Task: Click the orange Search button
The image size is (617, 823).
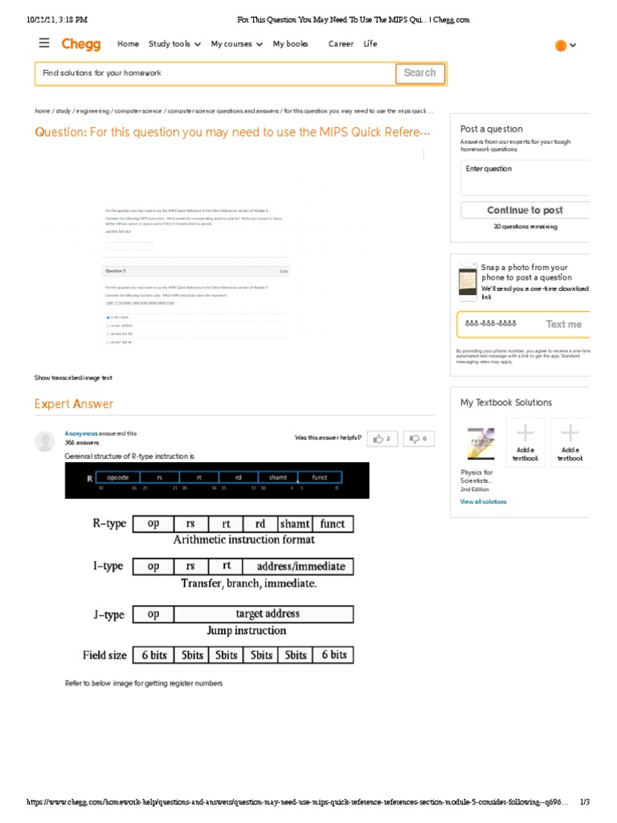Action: tap(419, 73)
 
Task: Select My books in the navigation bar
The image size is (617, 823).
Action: tap(290, 44)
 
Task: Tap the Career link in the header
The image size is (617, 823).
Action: tap(341, 44)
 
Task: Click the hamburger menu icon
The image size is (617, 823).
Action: tap(44, 43)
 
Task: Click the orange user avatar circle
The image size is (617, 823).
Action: tap(561, 46)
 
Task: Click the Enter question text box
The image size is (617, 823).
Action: tap(526, 177)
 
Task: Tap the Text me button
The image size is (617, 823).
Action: tap(563, 325)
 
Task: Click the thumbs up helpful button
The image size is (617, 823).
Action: tap(382, 438)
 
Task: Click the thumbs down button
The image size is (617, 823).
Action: tap(419, 438)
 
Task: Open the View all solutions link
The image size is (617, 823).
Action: tap(483, 502)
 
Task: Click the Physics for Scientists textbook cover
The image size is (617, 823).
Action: tap(481, 444)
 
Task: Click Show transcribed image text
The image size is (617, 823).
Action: tap(73, 378)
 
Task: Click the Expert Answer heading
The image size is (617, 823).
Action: tap(74, 404)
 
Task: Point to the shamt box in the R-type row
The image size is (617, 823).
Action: tap(294, 524)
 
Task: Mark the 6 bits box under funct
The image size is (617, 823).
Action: tap(333, 655)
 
